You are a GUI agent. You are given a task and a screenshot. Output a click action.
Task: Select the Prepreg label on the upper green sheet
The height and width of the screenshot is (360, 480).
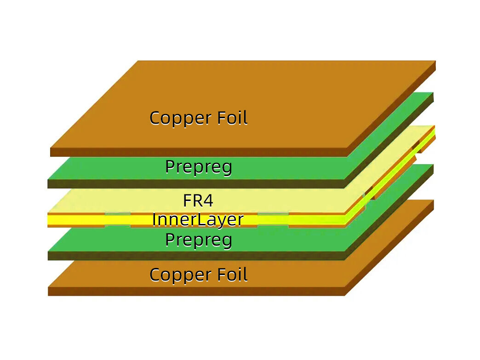coord(198,166)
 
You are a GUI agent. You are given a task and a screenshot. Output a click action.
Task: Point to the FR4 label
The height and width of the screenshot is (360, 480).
coord(198,200)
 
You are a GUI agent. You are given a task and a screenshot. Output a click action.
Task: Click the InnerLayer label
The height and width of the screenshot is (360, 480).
coord(198,219)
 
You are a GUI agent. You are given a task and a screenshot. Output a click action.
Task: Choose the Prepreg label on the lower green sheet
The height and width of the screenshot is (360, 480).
coord(198,240)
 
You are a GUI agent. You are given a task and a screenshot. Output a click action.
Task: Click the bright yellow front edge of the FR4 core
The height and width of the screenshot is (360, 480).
coord(74,221)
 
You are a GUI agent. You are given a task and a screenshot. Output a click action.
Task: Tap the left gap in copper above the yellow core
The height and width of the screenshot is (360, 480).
coord(118,213)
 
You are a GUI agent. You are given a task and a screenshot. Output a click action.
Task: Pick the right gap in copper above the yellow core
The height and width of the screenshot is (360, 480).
coord(273,213)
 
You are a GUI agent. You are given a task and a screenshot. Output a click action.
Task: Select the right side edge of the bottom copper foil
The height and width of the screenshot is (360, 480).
coord(391,248)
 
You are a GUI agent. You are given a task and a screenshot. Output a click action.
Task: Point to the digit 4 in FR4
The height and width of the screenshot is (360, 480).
coord(209,200)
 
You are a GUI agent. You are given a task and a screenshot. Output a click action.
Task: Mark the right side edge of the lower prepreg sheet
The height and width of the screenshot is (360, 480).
coord(391,212)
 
